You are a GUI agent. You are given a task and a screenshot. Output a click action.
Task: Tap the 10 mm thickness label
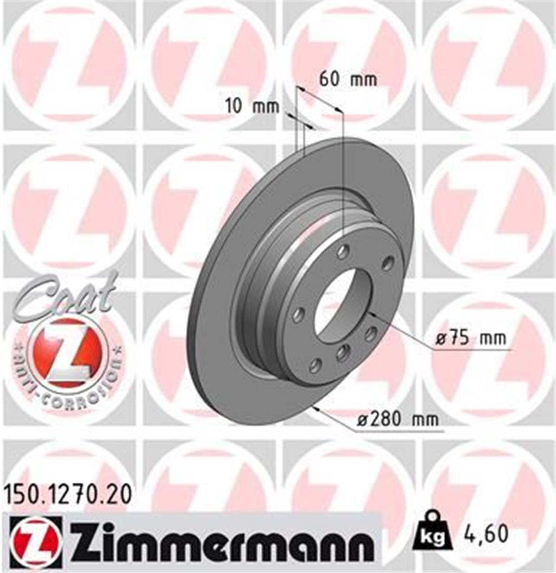(x=252, y=107)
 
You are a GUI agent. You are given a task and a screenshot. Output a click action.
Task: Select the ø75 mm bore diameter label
(x=471, y=339)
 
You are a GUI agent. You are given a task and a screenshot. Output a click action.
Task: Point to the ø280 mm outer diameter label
(x=398, y=420)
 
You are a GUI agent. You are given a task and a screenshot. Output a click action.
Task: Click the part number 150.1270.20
(x=68, y=495)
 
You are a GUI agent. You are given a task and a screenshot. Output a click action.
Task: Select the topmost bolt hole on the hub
(x=343, y=252)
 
